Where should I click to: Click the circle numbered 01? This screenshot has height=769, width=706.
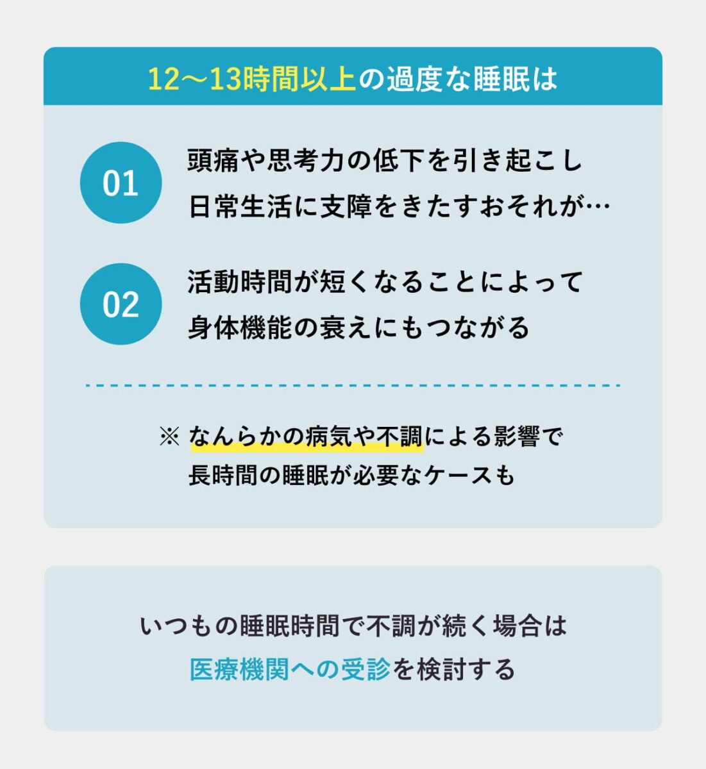click(121, 183)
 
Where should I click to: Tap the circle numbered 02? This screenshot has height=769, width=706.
click(121, 304)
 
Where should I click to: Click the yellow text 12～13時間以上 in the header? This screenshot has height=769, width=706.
click(252, 79)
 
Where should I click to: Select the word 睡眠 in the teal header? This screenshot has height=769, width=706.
click(501, 79)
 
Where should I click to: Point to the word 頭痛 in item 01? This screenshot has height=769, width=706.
click(214, 160)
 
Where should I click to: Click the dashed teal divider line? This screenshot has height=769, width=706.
click(353, 385)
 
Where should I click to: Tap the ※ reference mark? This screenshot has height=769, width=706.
click(169, 436)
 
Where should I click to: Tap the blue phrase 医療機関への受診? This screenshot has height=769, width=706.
click(290, 669)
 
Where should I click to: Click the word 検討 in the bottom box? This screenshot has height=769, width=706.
click(442, 669)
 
